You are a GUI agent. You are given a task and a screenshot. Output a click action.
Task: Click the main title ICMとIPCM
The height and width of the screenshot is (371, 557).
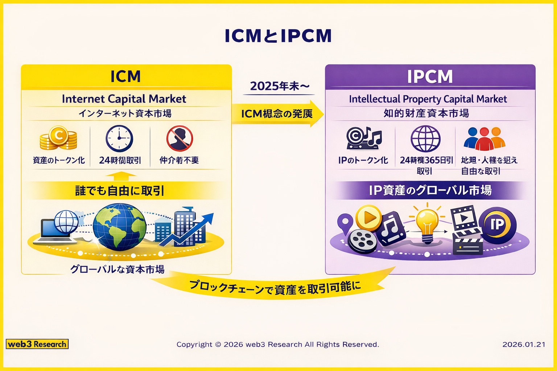pyautogui.click(x=278, y=36)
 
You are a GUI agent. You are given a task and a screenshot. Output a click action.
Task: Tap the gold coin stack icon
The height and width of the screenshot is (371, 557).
pyautogui.click(x=58, y=138)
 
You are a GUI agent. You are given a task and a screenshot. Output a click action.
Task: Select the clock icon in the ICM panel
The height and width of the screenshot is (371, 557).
pyautogui.click(x=119, y=138)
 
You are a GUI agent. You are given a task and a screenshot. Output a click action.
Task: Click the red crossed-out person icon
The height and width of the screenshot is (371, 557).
pyautogui.click(x=180, y=138)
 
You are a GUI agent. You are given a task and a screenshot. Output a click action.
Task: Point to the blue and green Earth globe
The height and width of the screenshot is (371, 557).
pyautogui.click(x=119, y=227)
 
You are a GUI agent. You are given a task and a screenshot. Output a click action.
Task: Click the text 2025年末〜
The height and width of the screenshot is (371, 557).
pyautogui.click(x=280, y=86)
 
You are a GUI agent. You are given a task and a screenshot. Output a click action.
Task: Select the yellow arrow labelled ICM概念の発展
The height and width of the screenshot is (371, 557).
pyautogui.click(x=277, y=114)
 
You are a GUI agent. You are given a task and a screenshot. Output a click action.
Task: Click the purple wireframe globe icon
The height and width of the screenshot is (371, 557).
pyautogui.click(x=425, y=138)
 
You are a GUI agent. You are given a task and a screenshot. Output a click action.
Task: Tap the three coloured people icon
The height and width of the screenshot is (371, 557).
pyautogui.click(x=484, y=138)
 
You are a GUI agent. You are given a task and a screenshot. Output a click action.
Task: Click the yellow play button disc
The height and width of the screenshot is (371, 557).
pyautogui.click(x=368, y=218)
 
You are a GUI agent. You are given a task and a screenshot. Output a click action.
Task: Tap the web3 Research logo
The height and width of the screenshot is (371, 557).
pyautogui.click(x=37, y=344)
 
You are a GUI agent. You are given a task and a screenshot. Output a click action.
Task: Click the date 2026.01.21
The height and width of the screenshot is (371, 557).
pyautogui.click(x=524, y=344)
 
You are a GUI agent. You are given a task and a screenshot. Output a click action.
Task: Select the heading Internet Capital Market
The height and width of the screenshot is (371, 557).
pyautogui.click(x=124, y=99)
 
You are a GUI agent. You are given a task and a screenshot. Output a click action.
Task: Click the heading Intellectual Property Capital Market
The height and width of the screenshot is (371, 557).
pyautogui.click(x=428, y=99)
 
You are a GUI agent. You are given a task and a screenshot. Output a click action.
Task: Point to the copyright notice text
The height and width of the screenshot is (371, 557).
pyautogui.click(x=278, y=344)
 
